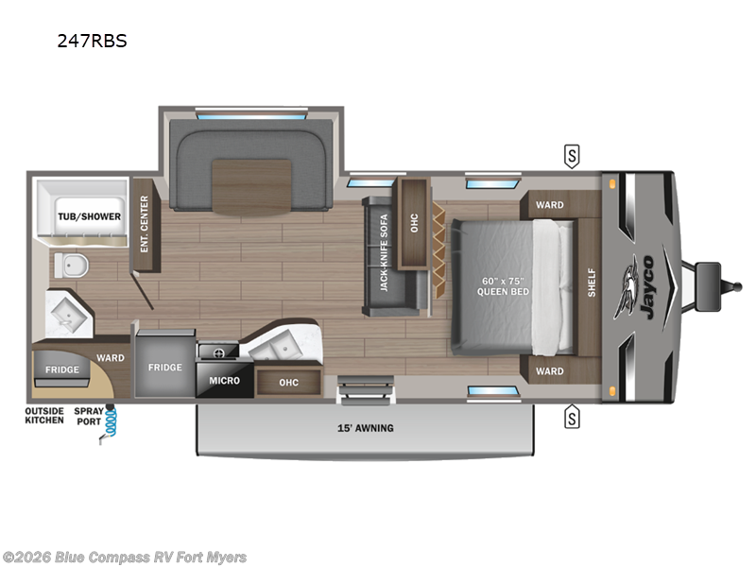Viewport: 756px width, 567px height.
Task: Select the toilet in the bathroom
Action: (67, 266)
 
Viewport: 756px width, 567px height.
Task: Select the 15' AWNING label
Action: (366, 428)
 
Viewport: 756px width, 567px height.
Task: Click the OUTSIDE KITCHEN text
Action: (44, 415)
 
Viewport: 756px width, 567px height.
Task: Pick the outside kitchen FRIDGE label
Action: (61, 370)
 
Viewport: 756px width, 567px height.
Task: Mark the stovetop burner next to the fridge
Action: (217, 352)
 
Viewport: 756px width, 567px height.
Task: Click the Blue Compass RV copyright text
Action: (125, 557)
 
